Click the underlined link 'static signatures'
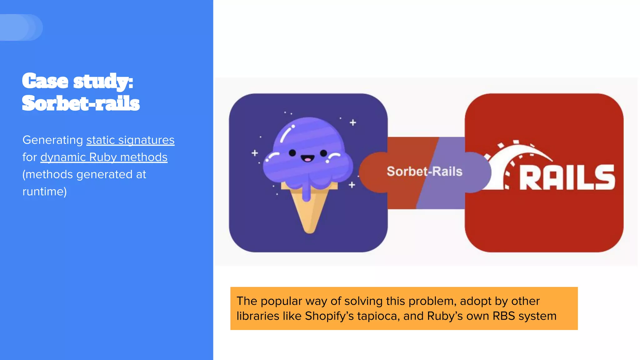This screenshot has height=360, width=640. pyautogui.click(x=130, y=140)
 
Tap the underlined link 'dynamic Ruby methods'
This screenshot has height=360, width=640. pyautogui.click(x=104, y=157)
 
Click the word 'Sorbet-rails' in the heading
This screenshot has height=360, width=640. pyautogui.click(x=81, y=103)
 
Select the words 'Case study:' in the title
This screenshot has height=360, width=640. pyautogui.click(x=78, y=81)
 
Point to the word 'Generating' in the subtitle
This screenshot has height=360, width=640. pyautogui.click(x=52, y=140)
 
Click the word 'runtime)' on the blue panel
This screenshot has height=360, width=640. pyautogui.click(x=45, y=192)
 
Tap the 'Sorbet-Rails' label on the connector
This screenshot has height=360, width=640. pyautogui.click(x=424, y=171)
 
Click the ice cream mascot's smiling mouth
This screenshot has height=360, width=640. pyautogui.click(x=307, y=159)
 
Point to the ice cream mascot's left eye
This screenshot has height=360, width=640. pyautogui.click(x=292, y=153)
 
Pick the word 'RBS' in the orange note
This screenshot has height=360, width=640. pyautogui.click(x=503, y=316)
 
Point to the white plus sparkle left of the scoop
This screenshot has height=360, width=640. pyautogui.click(x=255, y=153)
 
